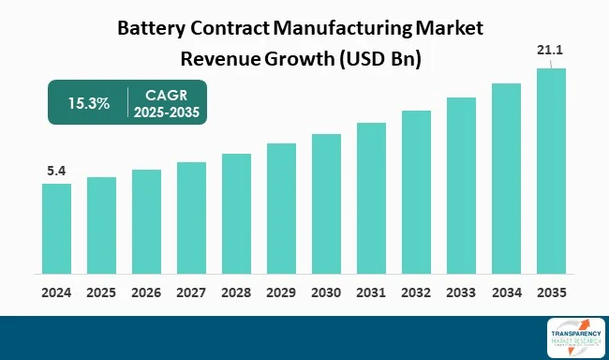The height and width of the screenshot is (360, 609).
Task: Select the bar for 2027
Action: tap(191, 218)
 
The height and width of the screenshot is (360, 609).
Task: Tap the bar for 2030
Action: tap(326, 204)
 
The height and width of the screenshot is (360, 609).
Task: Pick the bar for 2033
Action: tap(461, 186)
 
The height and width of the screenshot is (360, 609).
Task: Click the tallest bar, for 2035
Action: tap(551, 172)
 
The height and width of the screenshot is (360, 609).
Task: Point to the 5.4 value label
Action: tap(56, 172)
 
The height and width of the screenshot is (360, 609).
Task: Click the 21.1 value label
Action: tap(551, 51)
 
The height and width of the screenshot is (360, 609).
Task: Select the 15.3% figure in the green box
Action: tap(86, 102)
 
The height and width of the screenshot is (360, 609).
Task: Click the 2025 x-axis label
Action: tap(101, 292)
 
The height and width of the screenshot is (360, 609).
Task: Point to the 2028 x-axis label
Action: tap(236, 292)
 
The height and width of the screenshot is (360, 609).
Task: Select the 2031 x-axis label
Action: tap(371, 292)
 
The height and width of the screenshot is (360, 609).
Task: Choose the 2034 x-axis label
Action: tap(506, 292)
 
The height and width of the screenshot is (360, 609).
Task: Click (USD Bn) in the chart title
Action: tap(379, 57)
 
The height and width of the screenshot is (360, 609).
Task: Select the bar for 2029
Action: tap(281, 210)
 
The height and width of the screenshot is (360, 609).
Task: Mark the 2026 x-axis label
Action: tap(146, 292)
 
